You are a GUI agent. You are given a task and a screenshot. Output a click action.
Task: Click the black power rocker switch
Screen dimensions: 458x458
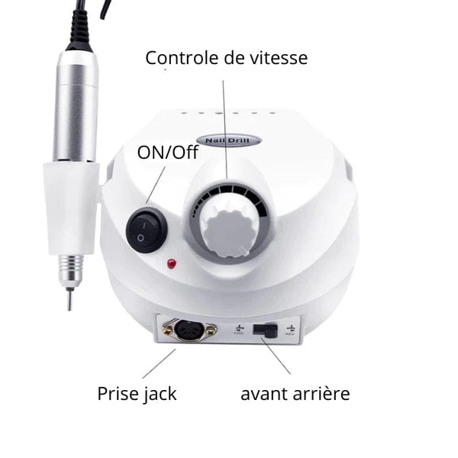click(x=147, y=230)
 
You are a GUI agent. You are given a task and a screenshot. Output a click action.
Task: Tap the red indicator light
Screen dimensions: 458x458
click(x=172, y=264)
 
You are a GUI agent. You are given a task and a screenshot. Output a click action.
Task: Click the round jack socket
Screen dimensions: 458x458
click(x=189, y=329)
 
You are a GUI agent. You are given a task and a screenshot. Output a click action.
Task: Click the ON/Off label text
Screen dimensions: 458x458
click(x=167, y=153)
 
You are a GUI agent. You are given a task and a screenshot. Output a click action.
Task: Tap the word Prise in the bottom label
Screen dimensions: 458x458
click(x=118, y=394)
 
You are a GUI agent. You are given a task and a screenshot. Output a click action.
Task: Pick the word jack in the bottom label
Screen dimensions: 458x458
click(x=160, y=395)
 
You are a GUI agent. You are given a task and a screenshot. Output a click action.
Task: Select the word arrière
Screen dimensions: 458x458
click(x=323, y=394)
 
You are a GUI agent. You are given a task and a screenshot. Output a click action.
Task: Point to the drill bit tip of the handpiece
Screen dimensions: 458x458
click(x=69, y=302)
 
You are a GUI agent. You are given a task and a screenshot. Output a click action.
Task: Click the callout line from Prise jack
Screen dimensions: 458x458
click(x=160, y=364)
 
